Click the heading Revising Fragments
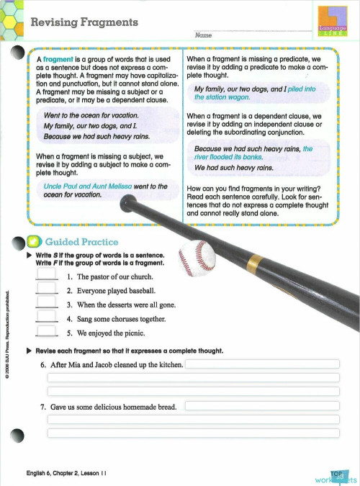coord(84,22)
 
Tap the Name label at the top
coord(203,35)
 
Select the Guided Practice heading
coord(81,242)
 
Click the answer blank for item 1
coord(46,276)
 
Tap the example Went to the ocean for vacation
coord(91,115)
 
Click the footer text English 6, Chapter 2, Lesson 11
coord(66,473)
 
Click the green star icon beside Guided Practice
coord(33,242)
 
